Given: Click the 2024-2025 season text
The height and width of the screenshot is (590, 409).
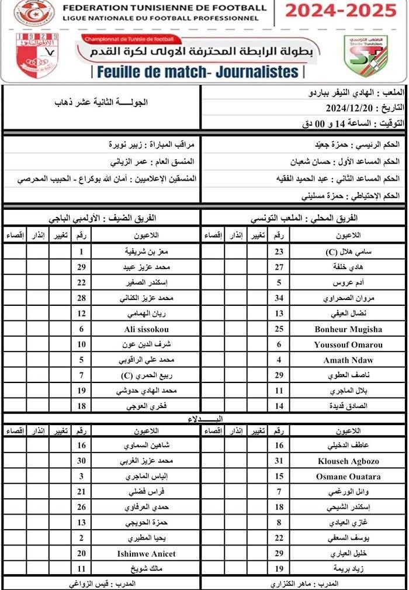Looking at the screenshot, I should point(340,10).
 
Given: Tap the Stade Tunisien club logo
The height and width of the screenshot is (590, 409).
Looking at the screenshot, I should point(366,57).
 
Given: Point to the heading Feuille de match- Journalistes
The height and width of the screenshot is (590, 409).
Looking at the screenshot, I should point(198,72).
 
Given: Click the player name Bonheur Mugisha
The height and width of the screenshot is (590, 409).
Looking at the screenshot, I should point(348,329).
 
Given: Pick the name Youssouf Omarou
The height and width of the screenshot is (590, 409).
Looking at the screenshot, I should point(348,344).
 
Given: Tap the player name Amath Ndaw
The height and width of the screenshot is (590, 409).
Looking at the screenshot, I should point(348,360).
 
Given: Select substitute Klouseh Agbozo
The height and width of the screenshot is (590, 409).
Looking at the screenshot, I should point(348,461).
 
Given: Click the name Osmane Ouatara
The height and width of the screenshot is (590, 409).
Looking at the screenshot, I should point(348,477).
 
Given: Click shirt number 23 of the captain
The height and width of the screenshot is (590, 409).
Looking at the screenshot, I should point(279,252).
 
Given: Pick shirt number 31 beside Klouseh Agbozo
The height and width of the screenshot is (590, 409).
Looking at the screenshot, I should point(279,461).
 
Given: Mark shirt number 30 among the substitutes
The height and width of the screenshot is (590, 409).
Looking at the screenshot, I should point(82,461).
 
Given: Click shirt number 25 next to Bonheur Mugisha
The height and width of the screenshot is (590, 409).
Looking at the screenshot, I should point(279,329).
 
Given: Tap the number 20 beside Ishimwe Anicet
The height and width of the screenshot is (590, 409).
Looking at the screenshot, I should point(82,553).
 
